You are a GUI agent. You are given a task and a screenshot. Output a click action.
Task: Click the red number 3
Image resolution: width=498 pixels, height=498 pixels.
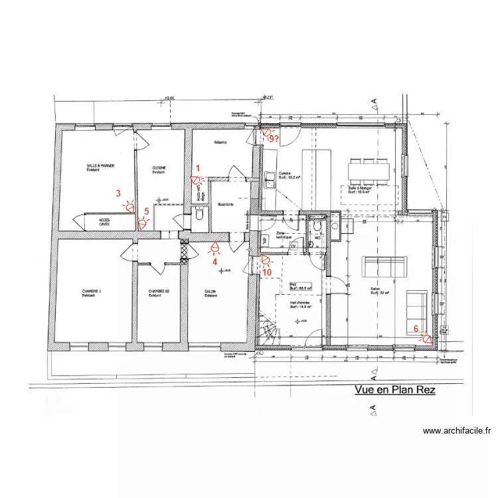point(118,194)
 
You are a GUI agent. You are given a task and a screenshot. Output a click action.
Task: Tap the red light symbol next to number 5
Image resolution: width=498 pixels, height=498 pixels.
point(143,223)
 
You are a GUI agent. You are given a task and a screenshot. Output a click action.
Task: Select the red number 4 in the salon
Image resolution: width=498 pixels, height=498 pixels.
point(214,261)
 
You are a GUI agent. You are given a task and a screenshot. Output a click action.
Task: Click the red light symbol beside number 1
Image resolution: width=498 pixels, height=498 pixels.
point(196,179)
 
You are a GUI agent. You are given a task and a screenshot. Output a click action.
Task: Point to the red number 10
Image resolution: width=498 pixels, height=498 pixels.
point(267,272)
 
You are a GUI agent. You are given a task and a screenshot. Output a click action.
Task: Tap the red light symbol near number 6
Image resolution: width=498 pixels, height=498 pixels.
point(425,337)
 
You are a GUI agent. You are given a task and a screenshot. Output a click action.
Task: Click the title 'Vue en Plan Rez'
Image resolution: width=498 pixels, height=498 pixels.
point(395,390)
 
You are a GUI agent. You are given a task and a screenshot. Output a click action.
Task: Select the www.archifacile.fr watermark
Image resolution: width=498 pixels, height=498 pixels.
point(457,430)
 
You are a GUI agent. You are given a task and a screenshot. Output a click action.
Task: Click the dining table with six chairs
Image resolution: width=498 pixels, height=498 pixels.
point(369,171)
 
